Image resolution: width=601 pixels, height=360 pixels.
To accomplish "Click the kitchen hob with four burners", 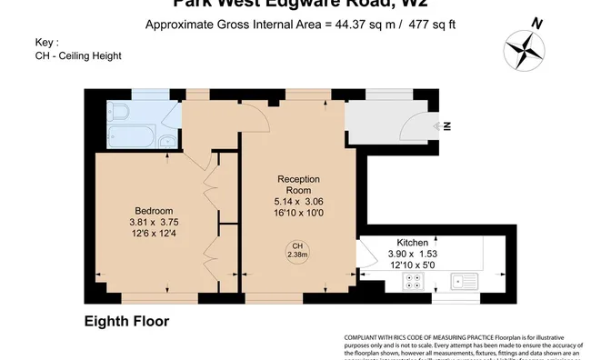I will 414,282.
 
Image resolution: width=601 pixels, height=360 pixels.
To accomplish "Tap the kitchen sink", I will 466,282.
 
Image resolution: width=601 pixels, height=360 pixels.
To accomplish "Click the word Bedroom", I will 154,210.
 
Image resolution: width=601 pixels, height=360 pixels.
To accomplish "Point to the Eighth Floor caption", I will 126,321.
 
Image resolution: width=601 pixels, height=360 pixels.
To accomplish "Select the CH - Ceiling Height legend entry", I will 78,56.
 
